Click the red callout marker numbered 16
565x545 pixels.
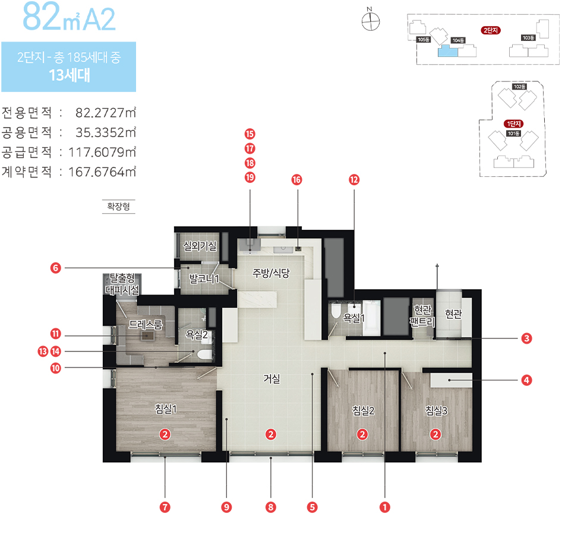296,180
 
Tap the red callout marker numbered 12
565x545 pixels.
354,180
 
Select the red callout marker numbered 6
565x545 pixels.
55,268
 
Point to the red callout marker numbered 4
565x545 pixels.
526,380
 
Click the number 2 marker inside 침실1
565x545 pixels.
165,435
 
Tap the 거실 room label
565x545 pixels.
272,378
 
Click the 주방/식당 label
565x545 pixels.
271,273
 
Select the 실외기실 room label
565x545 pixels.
200,246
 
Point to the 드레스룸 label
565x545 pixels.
146,324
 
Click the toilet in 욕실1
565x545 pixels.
336,311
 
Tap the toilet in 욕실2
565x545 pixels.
204,354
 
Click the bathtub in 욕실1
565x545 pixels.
371,318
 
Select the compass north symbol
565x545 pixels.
370,21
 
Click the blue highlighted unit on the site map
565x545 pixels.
447,51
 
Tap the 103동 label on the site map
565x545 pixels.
528,38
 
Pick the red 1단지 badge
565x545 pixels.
513,124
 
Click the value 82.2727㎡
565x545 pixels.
106,113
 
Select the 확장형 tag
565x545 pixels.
119,206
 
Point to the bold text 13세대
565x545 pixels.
69,75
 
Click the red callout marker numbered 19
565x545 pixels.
250,178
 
